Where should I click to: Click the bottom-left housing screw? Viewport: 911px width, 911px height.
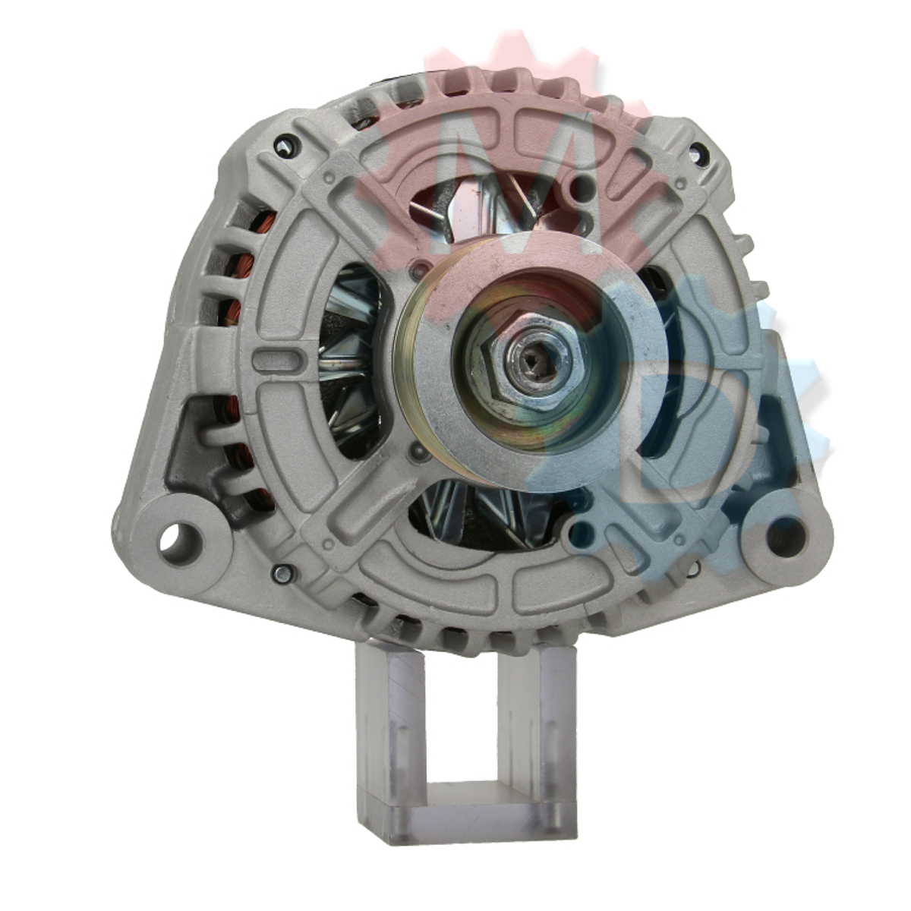tap(282, 575)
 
